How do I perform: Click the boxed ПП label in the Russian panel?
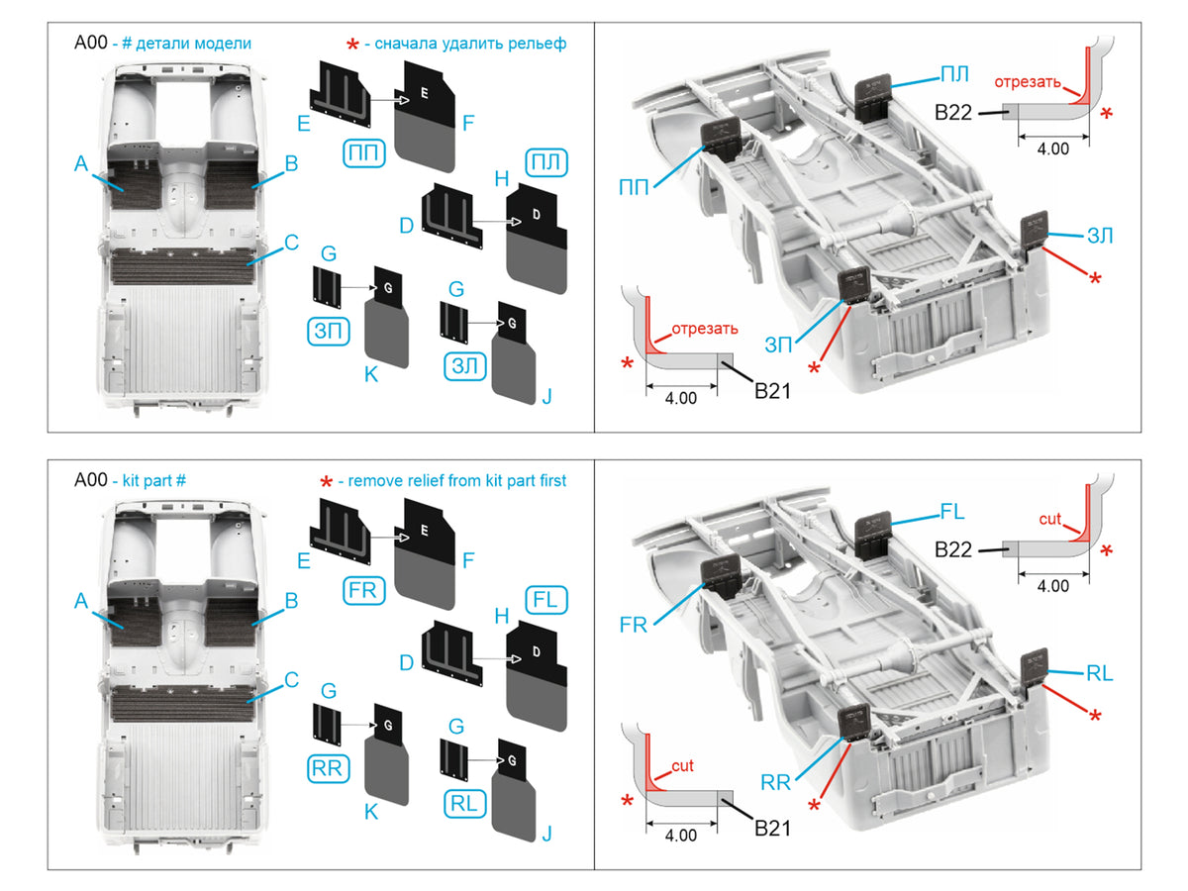363,153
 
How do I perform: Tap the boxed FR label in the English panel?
363,590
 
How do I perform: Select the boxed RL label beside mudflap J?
464,804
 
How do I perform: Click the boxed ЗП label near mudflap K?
328,331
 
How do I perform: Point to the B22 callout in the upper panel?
953,113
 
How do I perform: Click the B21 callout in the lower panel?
772,829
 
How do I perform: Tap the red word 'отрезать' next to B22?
1028,82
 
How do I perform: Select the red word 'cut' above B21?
682,765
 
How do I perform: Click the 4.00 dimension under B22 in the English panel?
1052,586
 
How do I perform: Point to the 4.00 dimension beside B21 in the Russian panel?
680,398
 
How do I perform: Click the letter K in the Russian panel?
370,374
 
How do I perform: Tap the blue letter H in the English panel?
502,616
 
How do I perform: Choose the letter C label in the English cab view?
291,680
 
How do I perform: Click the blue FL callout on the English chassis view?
952,511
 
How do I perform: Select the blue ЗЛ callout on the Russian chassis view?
1100,236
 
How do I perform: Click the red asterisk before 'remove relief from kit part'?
326,482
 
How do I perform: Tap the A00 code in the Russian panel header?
91,43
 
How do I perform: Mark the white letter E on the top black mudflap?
425,93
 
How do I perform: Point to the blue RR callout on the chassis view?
775,782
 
